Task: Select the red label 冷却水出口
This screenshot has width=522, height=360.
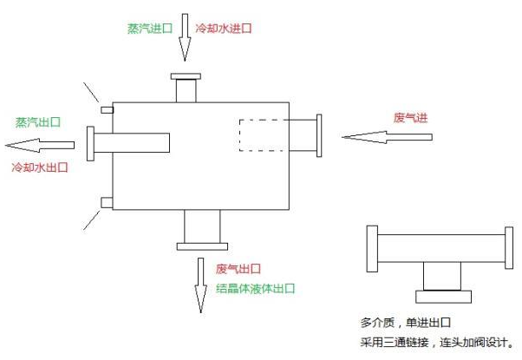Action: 39,166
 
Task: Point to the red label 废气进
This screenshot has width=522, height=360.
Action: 409,117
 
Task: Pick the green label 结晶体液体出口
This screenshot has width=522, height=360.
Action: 256,288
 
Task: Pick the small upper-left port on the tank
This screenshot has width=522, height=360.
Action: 107,109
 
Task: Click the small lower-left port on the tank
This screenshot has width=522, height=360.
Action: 107,202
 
